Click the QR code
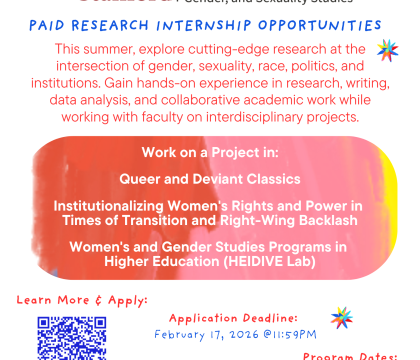click(x=72, y=338)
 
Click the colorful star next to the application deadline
click(x=342, y=318)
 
